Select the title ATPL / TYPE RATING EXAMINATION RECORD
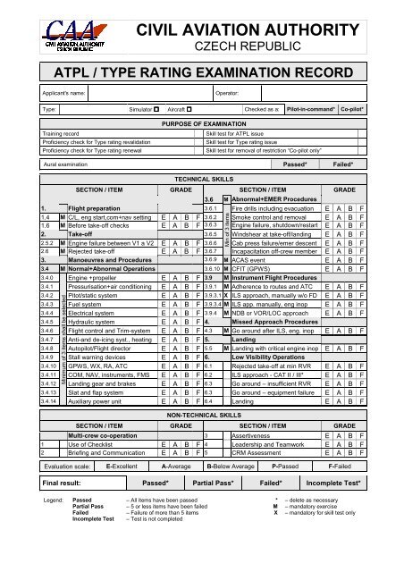tap(201, 71)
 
